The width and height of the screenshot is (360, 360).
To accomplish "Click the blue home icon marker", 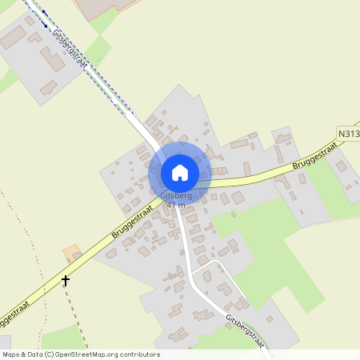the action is click(180, 172).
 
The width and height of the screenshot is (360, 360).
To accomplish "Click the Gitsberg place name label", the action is click(177, 196).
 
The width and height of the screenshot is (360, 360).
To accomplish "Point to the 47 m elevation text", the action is click(176, 205).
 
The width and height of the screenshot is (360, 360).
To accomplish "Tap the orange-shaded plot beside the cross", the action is click(71, 254).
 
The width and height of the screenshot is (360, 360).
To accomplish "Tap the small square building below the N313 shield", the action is click(342, 166).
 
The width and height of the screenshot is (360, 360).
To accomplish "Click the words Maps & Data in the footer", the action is click(22, 354).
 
